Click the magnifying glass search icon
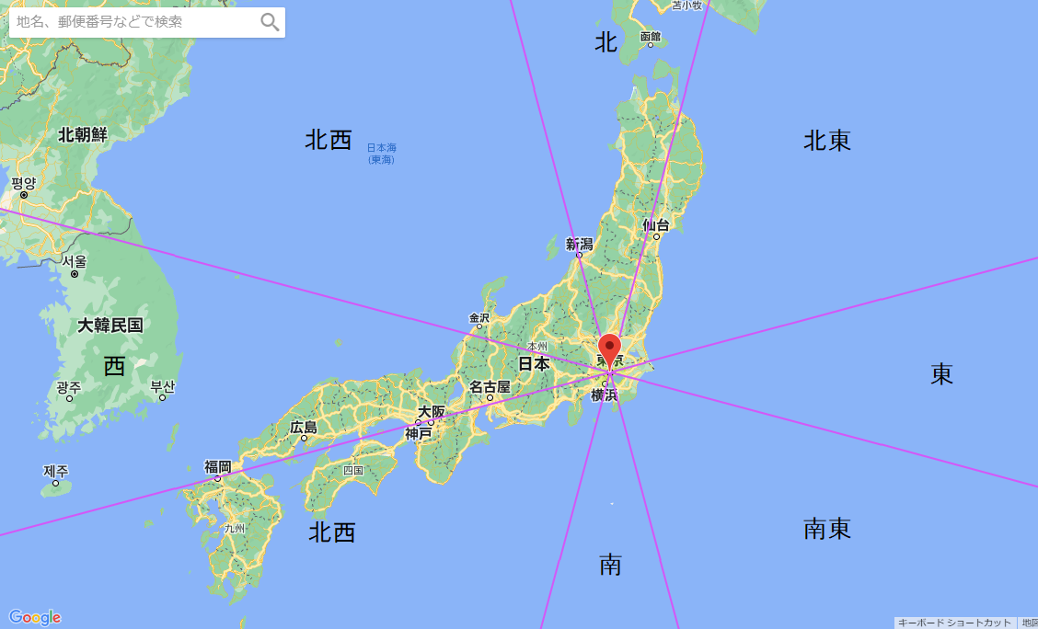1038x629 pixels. (270, 22)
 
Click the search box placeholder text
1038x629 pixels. (99, 22)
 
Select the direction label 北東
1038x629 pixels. (827, 141)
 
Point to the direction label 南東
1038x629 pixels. (827, 529)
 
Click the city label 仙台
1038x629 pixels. (656, 224)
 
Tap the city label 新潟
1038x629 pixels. (580, 244)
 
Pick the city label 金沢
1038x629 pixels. (479, 318)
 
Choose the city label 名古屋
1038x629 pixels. (490, 387)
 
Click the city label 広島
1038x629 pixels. (304, 427)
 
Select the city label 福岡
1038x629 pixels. (218, 466)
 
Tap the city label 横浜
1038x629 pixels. (605, 395)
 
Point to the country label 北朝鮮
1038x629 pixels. (83, 135)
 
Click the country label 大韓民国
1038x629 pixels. (110, 325)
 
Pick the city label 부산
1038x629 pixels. (163, 386)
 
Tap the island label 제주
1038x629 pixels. (56, 471)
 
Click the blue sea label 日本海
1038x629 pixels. (381, 147)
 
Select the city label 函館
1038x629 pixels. (651, 36)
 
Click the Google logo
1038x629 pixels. (35, 617)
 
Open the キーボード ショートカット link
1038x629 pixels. (954, 623)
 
